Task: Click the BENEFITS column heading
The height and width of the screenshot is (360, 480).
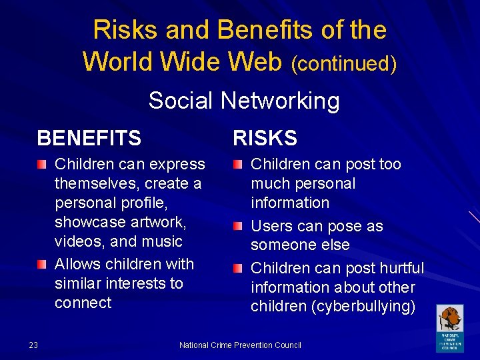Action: (x=89, y=138)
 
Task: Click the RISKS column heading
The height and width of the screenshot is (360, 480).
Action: (x=265, y=138)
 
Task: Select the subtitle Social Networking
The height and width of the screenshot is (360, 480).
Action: (x=243, y=101)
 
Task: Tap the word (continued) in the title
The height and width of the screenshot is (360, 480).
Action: (x=344, y=64)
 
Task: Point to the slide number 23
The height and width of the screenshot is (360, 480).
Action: (x=33, y=345)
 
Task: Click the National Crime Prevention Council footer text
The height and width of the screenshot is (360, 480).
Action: (x=240, y=345)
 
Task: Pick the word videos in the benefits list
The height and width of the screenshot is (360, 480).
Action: (x=75, y=241)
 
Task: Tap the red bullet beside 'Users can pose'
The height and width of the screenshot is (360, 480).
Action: (x=238, y=227)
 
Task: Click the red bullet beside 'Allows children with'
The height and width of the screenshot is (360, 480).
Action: (x=42, y=265)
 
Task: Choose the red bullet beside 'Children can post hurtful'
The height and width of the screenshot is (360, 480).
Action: (x=238, y=269)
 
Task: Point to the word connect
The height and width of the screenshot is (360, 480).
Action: (x=83, y=303)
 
